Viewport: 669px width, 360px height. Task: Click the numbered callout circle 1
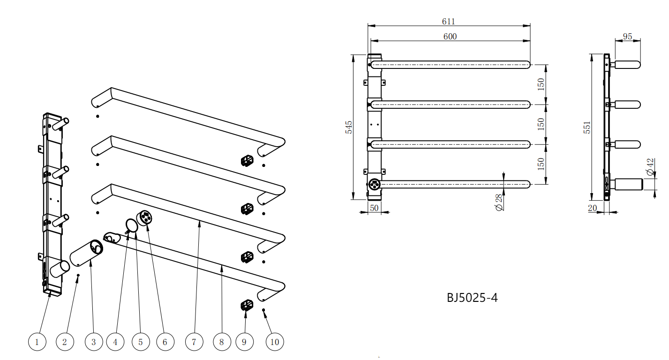[x=37, y=342]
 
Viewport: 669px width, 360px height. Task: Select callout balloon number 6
[x=165, y=342]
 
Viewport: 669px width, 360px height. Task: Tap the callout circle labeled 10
[x=274, y=342]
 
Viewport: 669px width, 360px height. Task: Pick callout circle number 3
[x=93, y=342]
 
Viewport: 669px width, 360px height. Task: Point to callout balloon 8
[x=222, y=342]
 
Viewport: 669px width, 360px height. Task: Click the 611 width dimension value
[x=448, y=22]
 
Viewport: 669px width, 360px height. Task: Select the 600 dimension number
[x=450, y=37]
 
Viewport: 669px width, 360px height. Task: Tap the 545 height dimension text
[x=348, y=127]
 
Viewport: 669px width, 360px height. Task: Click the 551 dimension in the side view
[x=587, y=127]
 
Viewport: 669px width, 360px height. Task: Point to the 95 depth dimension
[x=627, y=37]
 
